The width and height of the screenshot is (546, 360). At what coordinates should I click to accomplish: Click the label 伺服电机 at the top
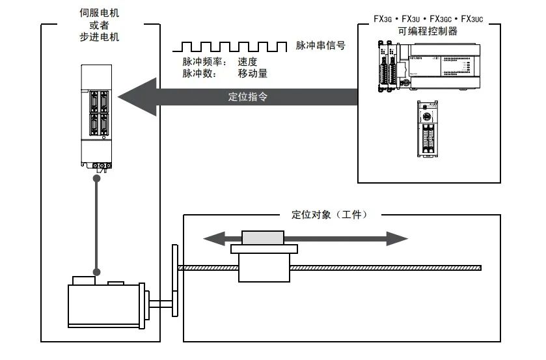tap(99, 11)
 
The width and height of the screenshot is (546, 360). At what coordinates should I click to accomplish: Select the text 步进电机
tap(99, 37)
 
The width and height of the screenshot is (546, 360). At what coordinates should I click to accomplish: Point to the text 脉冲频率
tap(202, 62)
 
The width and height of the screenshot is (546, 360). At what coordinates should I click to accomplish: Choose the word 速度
tap(247, 62)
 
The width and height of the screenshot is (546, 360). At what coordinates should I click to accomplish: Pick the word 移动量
tap(253, 74)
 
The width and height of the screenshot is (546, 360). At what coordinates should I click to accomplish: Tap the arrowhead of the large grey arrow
tap(137, 96)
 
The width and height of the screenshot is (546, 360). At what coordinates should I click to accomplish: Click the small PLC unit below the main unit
tap(428, 129)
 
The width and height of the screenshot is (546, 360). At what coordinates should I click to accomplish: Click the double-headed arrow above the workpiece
tap(305, 238)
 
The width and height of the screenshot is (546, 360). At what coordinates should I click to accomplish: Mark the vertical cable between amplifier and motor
tap(97, 221)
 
